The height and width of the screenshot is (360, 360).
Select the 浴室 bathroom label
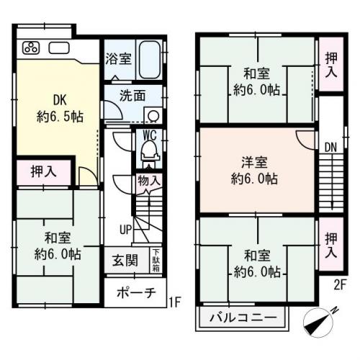pos(117,59)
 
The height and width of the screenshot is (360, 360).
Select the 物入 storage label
pos(148,181)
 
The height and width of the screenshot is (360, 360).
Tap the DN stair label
pos(330,148)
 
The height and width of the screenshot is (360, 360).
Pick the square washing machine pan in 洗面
pos(153,115)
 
